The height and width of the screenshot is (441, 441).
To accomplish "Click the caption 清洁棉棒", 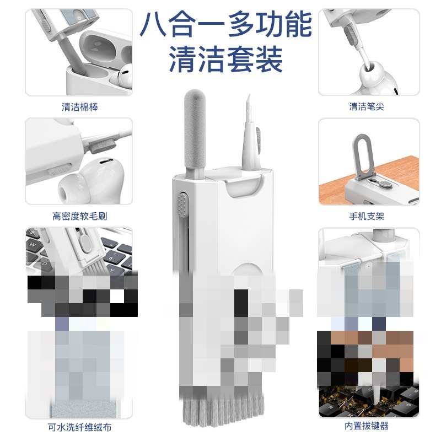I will (x=79, y=107).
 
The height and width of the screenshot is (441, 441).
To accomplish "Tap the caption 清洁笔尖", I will (x=367, y=107).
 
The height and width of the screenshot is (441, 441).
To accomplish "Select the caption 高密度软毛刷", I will (x=79, y=217).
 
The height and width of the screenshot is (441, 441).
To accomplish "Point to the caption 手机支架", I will (x=367, y=217).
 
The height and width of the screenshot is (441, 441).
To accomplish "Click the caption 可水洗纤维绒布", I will (x=79, y=427).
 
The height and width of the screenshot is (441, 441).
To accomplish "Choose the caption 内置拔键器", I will (x=367, y=426).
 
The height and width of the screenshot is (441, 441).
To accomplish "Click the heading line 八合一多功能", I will (x=225, y=25).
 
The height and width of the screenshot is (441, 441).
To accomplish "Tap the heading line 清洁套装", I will (x=225, y=59).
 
